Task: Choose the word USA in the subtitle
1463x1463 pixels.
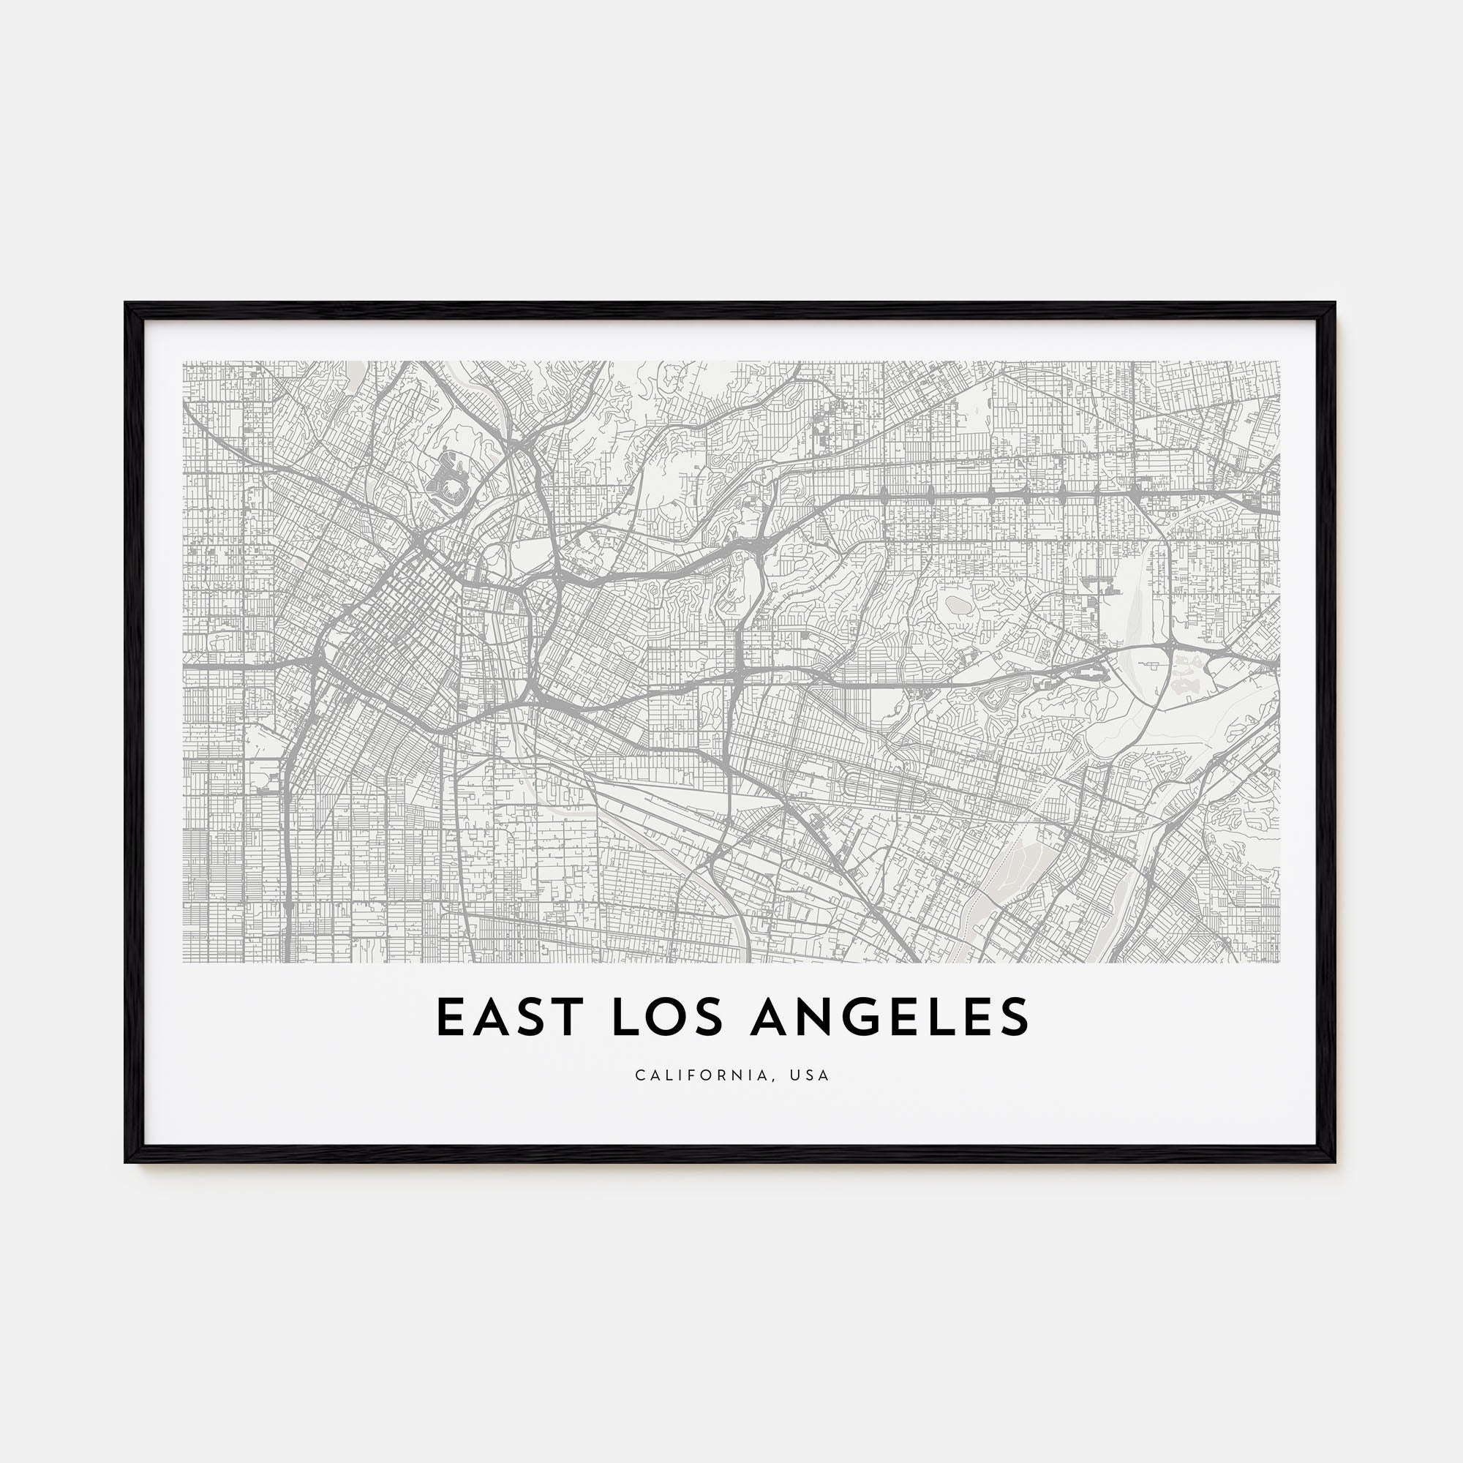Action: click(x=813, y=1075)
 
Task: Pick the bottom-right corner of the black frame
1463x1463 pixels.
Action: click(x=1334, y=1161)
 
